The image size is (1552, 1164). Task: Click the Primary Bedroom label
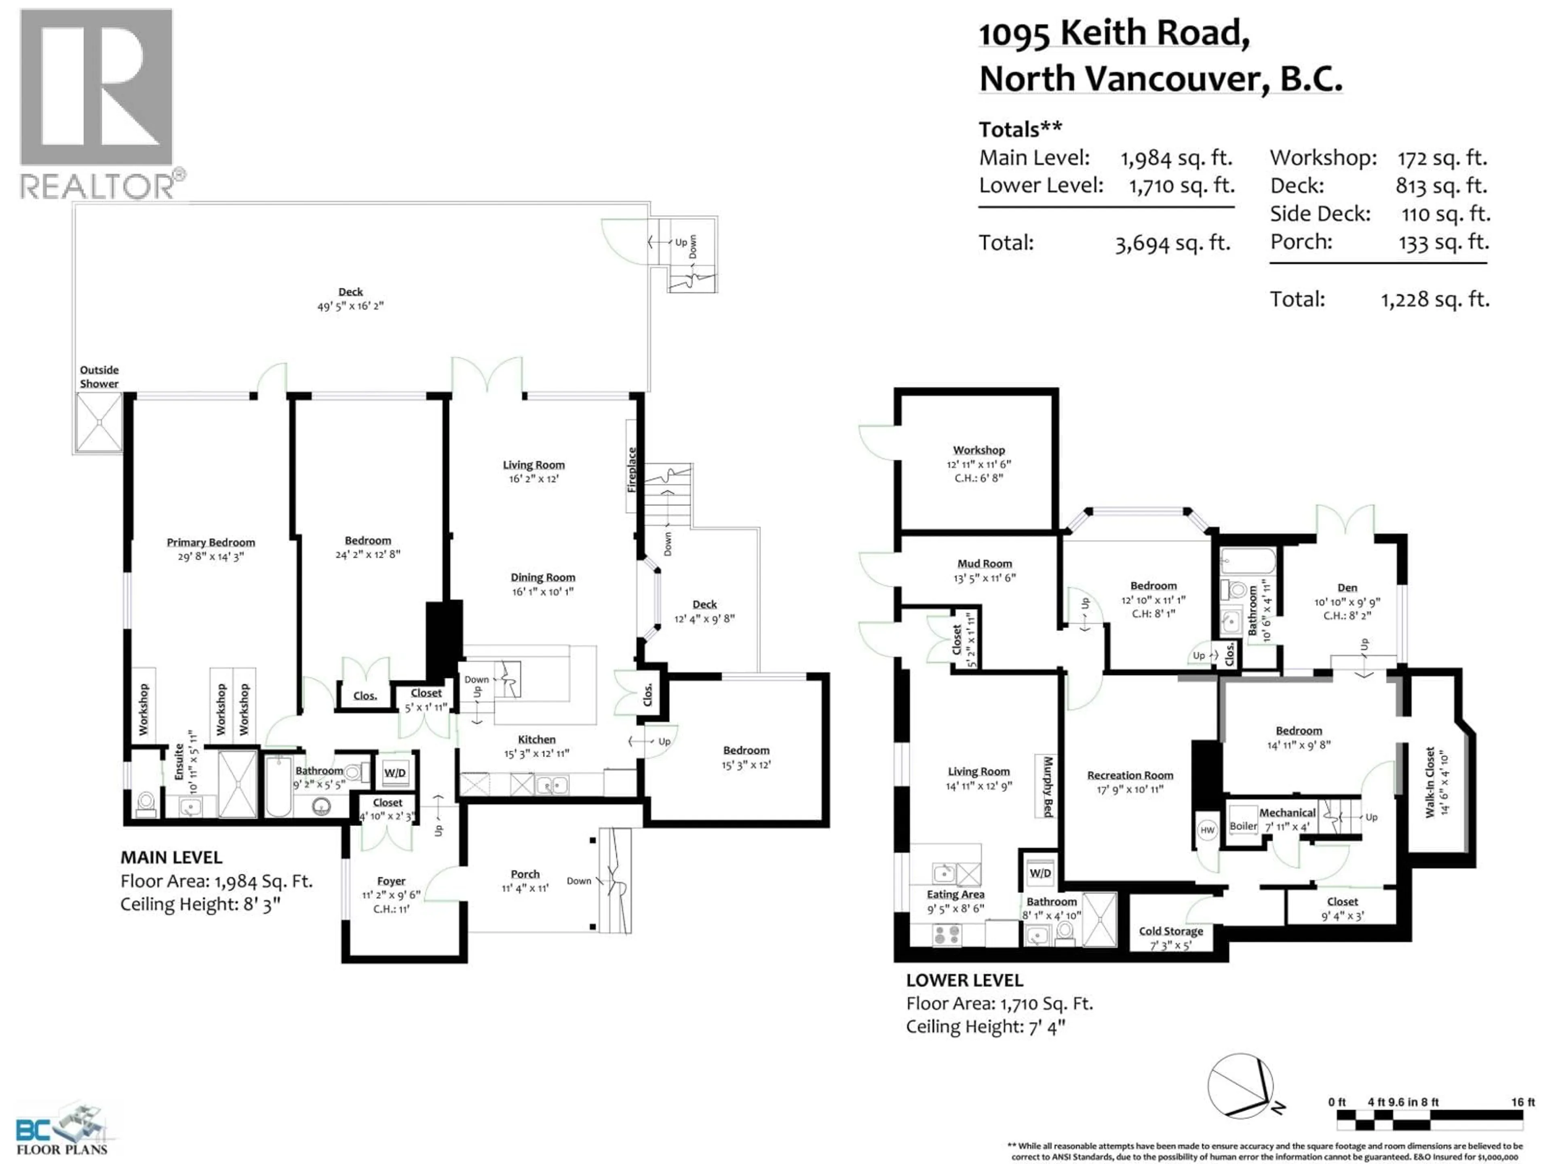pyautogui.click(x=211, y=542)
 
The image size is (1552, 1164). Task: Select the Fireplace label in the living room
pyautogui.click(x=631, y=469)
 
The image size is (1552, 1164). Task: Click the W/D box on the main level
pyautogui.click(x=395, y=772)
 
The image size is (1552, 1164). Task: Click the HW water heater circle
pyautogui.click(x=1207, y=830)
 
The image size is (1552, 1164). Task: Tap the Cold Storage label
pyautogui.click(x=1170, y=931)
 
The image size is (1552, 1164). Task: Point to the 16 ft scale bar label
pyautogui.click(x=1522, y=1102)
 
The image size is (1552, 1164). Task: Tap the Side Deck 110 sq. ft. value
pyautogui.click(x=1445, y=214)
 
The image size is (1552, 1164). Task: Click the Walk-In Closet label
pyautogui.click(x=1429, y=782)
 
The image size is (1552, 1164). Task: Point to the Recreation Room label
pyautogui.click(x=1130, y=775)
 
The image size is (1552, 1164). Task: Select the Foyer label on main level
pyautogui.click(x=391, y=881)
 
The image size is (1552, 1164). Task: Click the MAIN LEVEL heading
pyautogui.click(x=171, y=857)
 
